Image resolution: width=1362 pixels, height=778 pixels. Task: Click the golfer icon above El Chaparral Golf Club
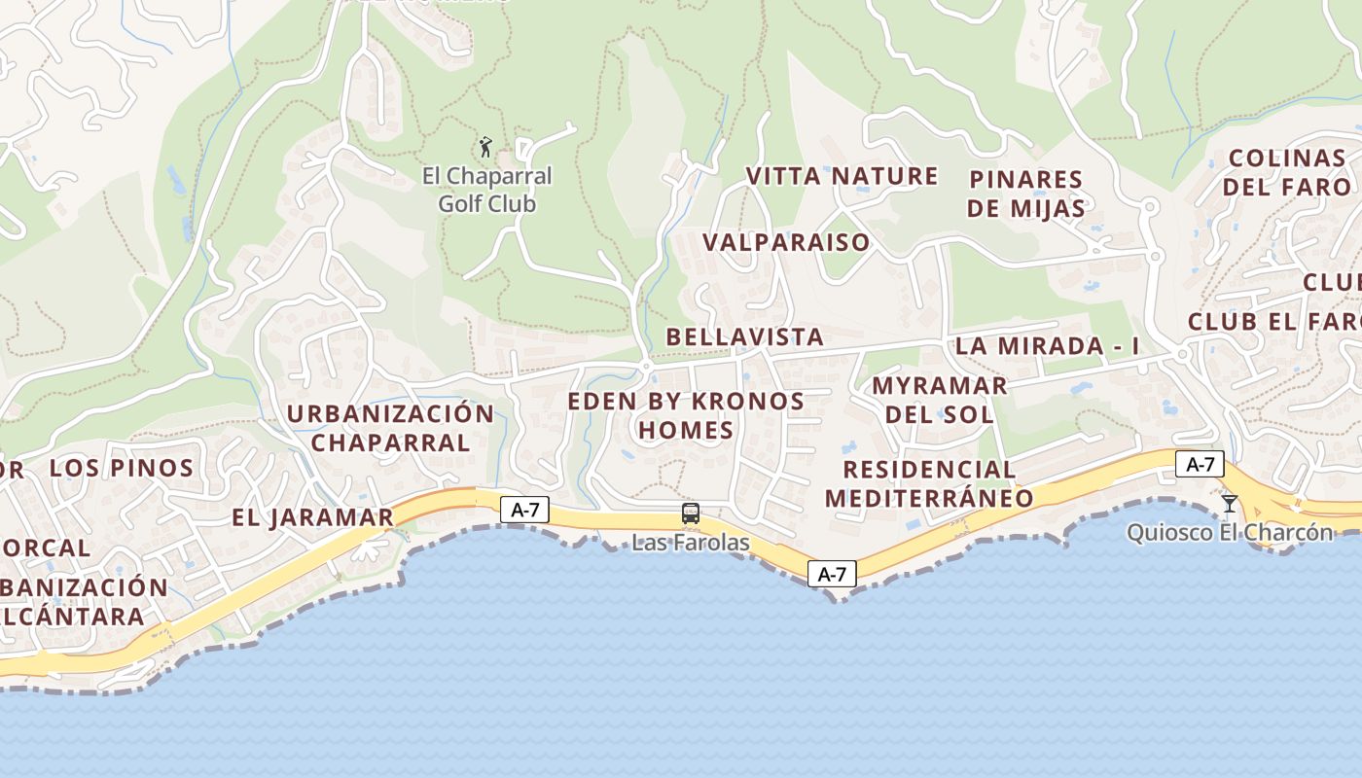[x=485, y=148]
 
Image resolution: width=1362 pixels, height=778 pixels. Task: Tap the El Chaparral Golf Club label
[x=486, y=190]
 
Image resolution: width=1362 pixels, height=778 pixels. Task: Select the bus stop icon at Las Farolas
[x=691, y=513]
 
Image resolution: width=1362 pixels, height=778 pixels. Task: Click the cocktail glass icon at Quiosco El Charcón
[x=1230, y=503]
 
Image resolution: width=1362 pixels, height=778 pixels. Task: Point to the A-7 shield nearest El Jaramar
[x=525, y=509]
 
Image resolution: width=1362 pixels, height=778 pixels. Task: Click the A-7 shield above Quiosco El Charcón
[x=1200, y=464]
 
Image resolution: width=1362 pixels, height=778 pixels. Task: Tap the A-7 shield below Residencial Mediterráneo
[x=832, y=574]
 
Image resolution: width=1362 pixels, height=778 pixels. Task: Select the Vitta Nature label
[x=842, y=176]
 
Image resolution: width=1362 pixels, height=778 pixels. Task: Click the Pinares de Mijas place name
[x=1026, y=194]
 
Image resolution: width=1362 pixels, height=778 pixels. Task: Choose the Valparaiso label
[x=786, y=242]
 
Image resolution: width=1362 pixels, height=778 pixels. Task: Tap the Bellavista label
[x=744, y=336]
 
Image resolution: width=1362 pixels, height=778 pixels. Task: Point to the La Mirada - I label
[x=1047, y=346]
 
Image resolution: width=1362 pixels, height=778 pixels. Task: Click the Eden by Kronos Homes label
[x=686, y=415]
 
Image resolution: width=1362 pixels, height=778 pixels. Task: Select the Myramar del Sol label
[x=939, y=400]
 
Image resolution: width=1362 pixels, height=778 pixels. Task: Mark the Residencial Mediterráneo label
[x=929, y=483]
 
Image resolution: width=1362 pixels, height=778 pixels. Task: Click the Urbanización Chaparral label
[x=390, y=428]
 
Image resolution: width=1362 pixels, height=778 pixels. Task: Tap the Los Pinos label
[x=122, y=468]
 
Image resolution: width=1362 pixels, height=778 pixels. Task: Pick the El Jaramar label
[x=312, y=517]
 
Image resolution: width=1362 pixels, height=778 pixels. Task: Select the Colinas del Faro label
[x=1286, y=172]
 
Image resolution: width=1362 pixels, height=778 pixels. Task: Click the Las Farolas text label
[x=691, y=542]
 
